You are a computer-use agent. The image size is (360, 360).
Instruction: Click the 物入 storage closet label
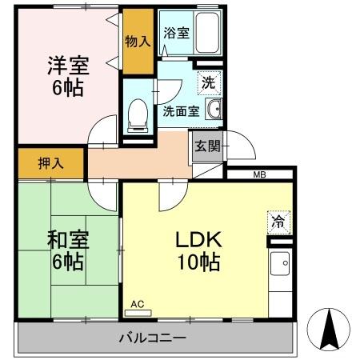(137, 41)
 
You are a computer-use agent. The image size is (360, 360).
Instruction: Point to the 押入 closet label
(50, 163)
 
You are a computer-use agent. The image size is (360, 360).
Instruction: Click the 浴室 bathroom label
(176, 34)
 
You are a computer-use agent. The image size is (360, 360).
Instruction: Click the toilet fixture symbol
(138, 114)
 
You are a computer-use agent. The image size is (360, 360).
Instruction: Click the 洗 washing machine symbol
(208, 82)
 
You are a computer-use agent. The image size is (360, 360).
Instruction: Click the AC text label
(136, 304)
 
